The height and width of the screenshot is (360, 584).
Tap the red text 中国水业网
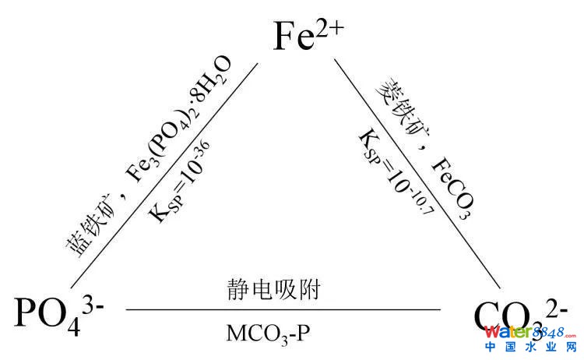(531, 348)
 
